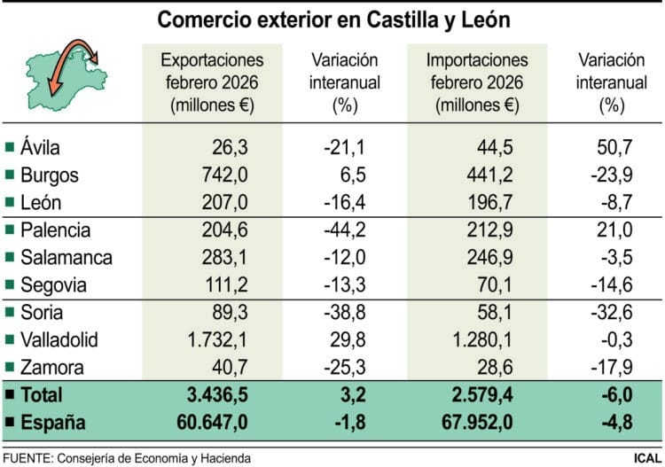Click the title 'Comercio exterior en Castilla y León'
pyautogui.click(x=332, y=19)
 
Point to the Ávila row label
pyautogui.click(x=41, y=147)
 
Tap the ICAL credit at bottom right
pyautogui.click(x=645, y=457)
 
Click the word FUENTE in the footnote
pyautogui.click(x=26, y=457)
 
